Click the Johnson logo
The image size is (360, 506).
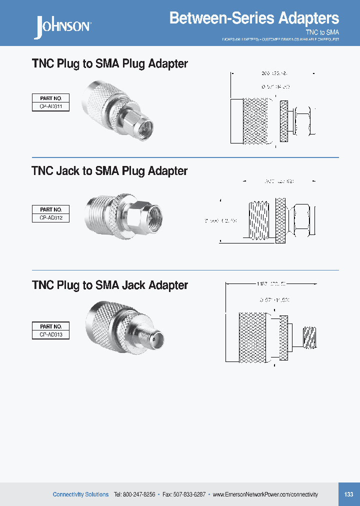click(x=62, y=26)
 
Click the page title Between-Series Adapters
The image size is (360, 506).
click(x=254, y=18)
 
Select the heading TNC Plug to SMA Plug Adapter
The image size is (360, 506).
click(x=109, y=64)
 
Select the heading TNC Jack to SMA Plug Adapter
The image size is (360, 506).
click(x=109, y=171)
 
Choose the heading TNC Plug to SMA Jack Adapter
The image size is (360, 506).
click(x=109, y=285)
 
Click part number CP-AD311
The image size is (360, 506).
click(x=50, y=106)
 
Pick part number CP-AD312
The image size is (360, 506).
click(x=50, y=217)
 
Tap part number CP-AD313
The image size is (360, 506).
click(x=50, y=335)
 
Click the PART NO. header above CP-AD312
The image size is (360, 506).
click(x=50, y=209)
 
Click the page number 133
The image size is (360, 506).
click(x=348, y=494)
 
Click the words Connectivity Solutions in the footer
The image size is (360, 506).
click(x=80, y=494)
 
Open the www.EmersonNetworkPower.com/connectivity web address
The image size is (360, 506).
click(x=265, y=494)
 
